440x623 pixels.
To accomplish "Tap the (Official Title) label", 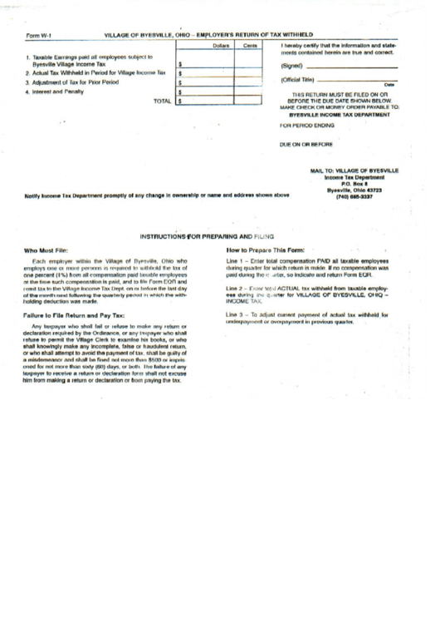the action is tap(301, 79).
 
